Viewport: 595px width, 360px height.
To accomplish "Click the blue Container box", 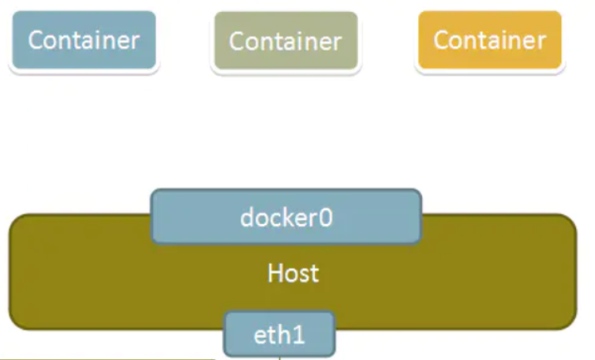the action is coord(84,40).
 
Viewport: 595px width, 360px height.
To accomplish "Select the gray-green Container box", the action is coord(286,40).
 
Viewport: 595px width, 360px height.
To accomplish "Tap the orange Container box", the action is coord(490,40).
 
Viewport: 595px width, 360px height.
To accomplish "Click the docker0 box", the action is coord(286,216).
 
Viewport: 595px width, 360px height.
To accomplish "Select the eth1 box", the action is coord(279,334).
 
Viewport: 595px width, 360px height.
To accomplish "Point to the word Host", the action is coord(293,273).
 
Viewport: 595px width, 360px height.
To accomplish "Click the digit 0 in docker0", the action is coord(325,218).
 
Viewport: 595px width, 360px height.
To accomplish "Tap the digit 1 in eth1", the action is coord(298,335).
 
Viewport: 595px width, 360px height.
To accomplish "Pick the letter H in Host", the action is coord(275,273).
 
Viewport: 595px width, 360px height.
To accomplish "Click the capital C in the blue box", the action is coord(36,40).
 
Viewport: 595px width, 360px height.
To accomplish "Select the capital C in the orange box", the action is coord(441,40).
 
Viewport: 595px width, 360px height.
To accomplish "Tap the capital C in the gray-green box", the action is coord(237,41).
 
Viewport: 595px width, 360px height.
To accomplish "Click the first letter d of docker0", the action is coord(247,217).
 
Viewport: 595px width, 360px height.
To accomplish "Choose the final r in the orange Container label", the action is coord(542,43).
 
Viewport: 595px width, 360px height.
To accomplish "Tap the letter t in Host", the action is coord(314,275).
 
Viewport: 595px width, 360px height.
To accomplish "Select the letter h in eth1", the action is coord(285,334).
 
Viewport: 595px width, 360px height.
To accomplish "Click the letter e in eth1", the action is coord(260,337).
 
